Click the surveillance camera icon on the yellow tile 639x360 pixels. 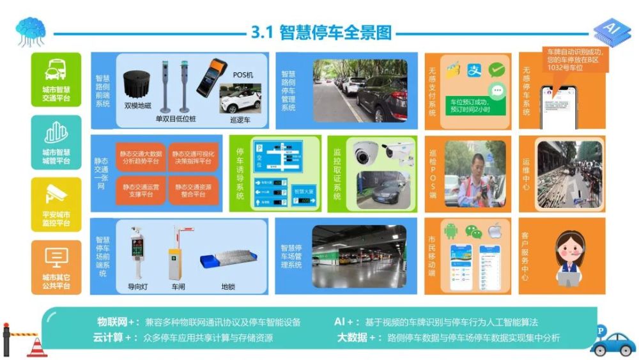[x=56, y=194]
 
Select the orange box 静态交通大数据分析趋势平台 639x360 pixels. [x=141, y=158]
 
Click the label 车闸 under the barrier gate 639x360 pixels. [x=178, y=287]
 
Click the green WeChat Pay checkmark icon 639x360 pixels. [x=497, y=70]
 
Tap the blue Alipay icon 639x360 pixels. [x=474, y=69]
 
